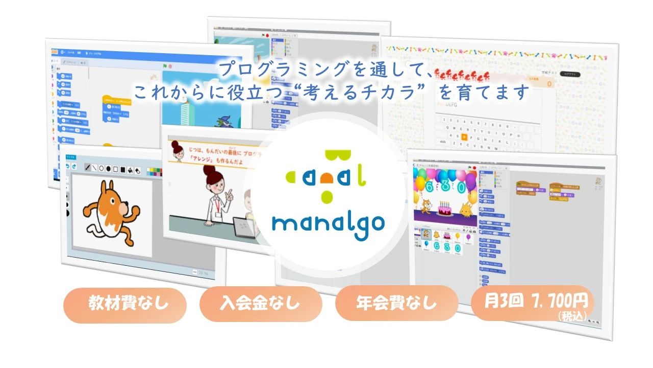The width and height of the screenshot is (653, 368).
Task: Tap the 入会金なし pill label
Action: (x=261, y=304)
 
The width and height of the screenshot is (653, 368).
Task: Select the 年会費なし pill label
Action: (x=396, y=303)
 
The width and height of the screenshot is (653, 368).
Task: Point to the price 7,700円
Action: (x=560, y=299)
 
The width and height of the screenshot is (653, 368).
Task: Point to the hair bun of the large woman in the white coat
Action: (x=178, y=149)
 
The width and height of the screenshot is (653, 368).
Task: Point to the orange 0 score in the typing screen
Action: (x=549, y=83)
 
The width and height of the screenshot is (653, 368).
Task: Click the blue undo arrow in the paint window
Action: (x=67, y=167)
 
